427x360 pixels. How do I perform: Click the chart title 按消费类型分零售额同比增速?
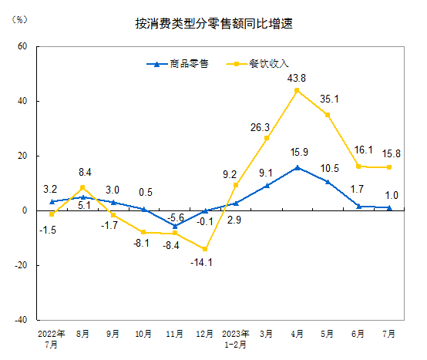[213, 24]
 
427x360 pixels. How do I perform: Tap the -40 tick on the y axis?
[21, 319]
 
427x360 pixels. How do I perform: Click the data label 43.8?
[297, 78]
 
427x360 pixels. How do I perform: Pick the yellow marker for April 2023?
[297, 90]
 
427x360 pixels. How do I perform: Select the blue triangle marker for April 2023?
[297, 167]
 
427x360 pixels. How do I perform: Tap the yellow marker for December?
[205, 249]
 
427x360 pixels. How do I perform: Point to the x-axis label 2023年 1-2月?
[236, 338]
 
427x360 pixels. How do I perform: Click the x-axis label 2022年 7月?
[52, 338]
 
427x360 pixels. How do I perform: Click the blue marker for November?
[174, 226]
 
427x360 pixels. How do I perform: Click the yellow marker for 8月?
[82, 187]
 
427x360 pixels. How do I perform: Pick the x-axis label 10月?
[143, 335]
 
